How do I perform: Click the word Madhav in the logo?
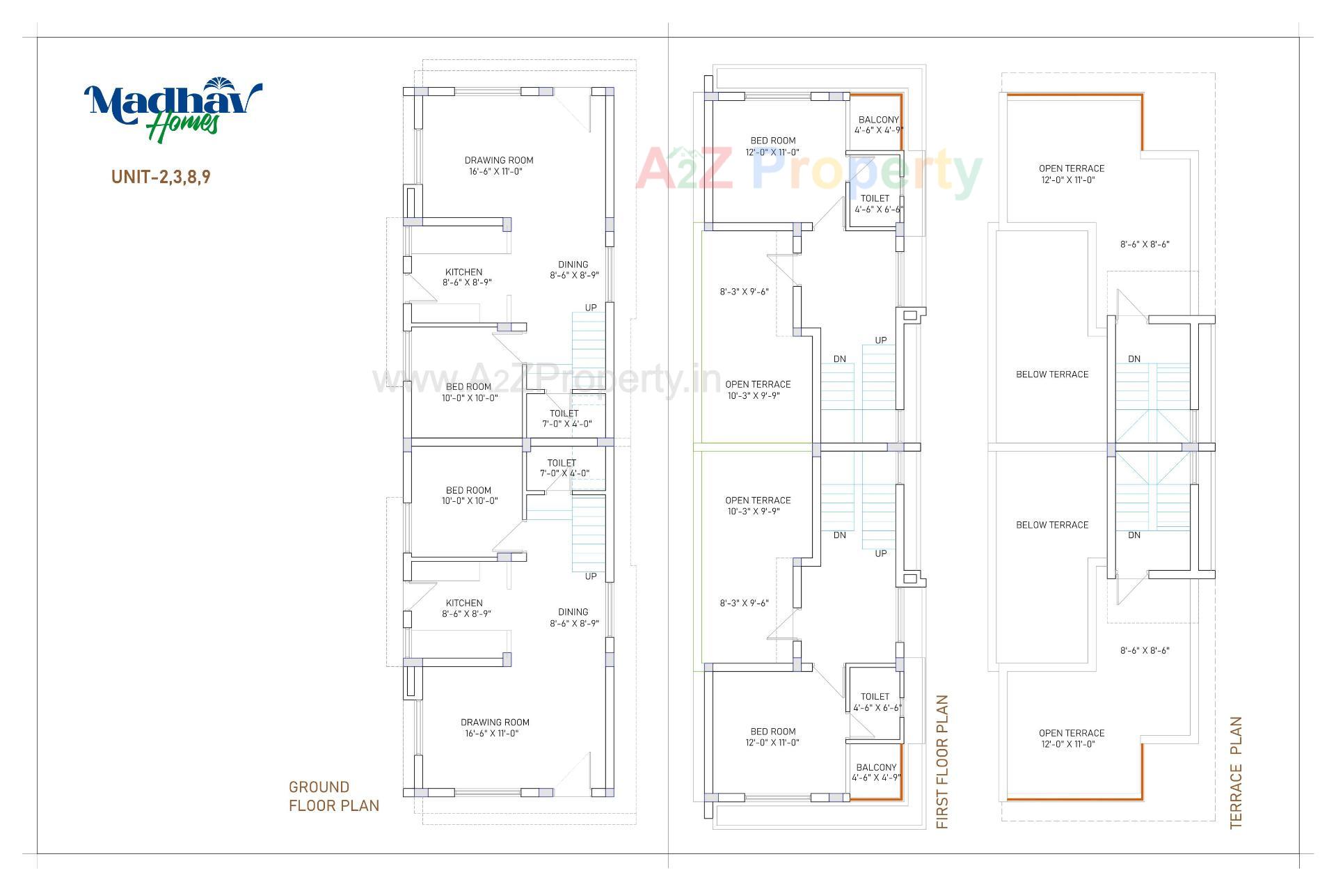[x=170, y=102]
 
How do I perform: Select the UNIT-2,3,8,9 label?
[x=161, y=177]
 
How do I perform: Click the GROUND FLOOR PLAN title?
[x=334, y=796]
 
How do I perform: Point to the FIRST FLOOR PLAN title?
[x=942, y=762]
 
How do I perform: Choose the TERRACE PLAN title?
[x=1236, y=773]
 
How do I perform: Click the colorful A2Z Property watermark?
[x=807, y=170]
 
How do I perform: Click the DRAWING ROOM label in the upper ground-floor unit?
[x=499, y=161]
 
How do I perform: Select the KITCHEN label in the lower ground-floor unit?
[x=464, y=604]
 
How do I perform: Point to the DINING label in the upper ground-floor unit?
[x=573, y=265]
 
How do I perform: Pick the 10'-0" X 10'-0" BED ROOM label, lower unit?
[x=469, y=495]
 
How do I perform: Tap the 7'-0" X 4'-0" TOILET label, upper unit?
[x=564, y=418]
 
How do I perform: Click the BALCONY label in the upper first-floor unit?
[x=879, y=120]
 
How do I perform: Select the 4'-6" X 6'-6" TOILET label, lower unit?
[x=875, y=702]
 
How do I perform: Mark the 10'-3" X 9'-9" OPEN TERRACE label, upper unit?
[x=758, y=390]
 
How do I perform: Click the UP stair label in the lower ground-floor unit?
[x=591, y=576]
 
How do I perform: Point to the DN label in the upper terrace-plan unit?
[x=1134, y=359]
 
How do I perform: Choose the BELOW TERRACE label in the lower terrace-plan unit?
[x=1052, y=525]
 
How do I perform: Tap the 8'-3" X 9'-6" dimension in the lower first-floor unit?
[x=744, y=604]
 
